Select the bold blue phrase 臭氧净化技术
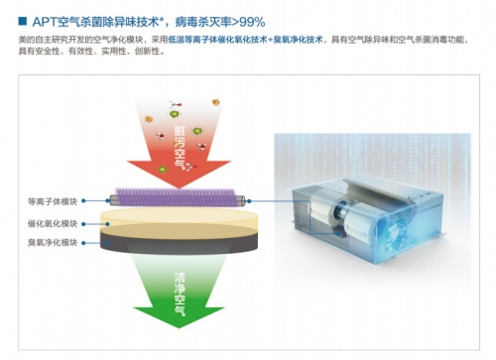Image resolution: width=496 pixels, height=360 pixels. pyautogui.click(x=297, y=38)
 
